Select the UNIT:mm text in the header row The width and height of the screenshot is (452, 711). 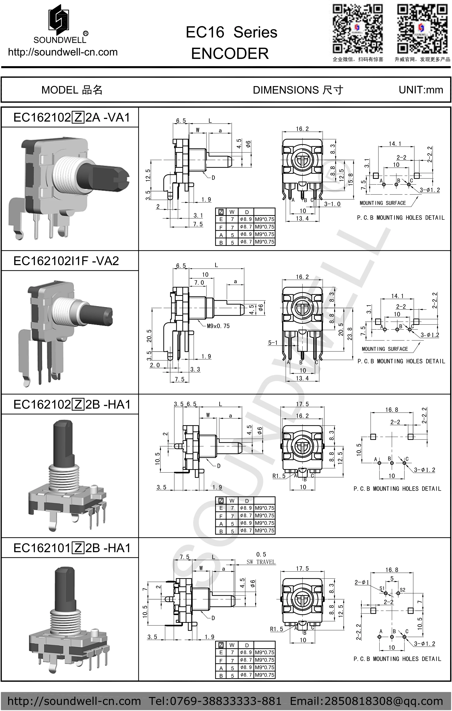[x=421, y=90]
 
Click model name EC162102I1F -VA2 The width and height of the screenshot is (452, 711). [x=66, y=261]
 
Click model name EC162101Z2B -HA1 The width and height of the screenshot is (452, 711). [x=72, y=548]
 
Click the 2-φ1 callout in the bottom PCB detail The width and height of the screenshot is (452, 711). [x=362, y=582]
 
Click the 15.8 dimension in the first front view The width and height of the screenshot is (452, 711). [x=351, y=179]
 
